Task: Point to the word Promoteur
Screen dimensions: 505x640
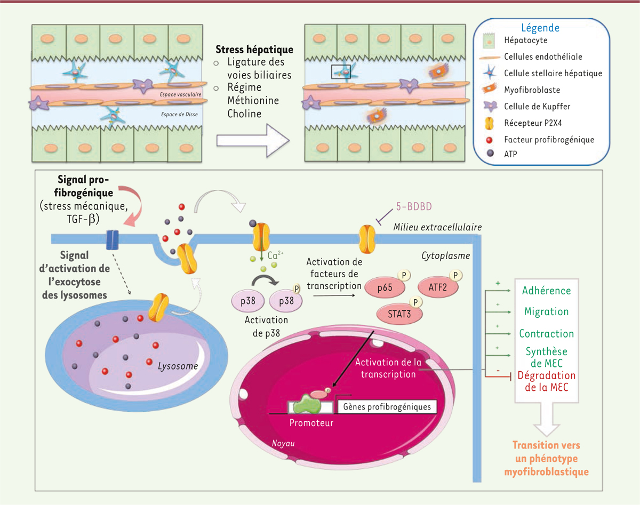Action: (x=311, y=423)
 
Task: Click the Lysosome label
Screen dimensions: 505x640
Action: (x=178, y=366)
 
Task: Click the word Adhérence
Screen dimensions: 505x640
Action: (x=547, y=291)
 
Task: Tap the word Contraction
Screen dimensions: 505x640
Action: (x=547, y=334)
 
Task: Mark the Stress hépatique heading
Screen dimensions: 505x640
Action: (x=254, y=50)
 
